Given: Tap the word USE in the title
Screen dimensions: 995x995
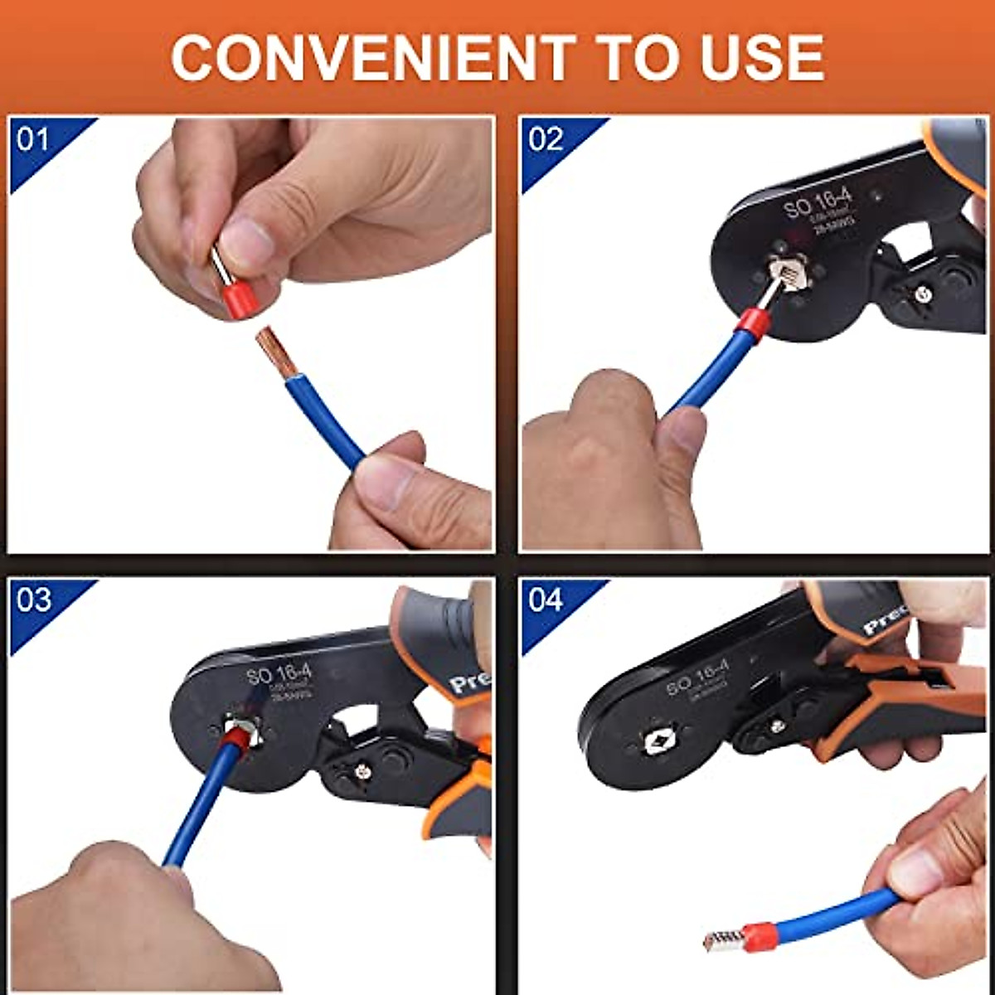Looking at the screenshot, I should pos(763,58).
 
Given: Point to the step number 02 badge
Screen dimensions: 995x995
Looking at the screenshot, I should pos(546,139).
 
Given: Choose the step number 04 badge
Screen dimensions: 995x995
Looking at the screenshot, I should pos(546,599).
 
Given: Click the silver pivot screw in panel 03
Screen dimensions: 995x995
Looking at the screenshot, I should pos(362,772).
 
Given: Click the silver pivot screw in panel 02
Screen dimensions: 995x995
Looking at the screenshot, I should pos(921,292).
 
